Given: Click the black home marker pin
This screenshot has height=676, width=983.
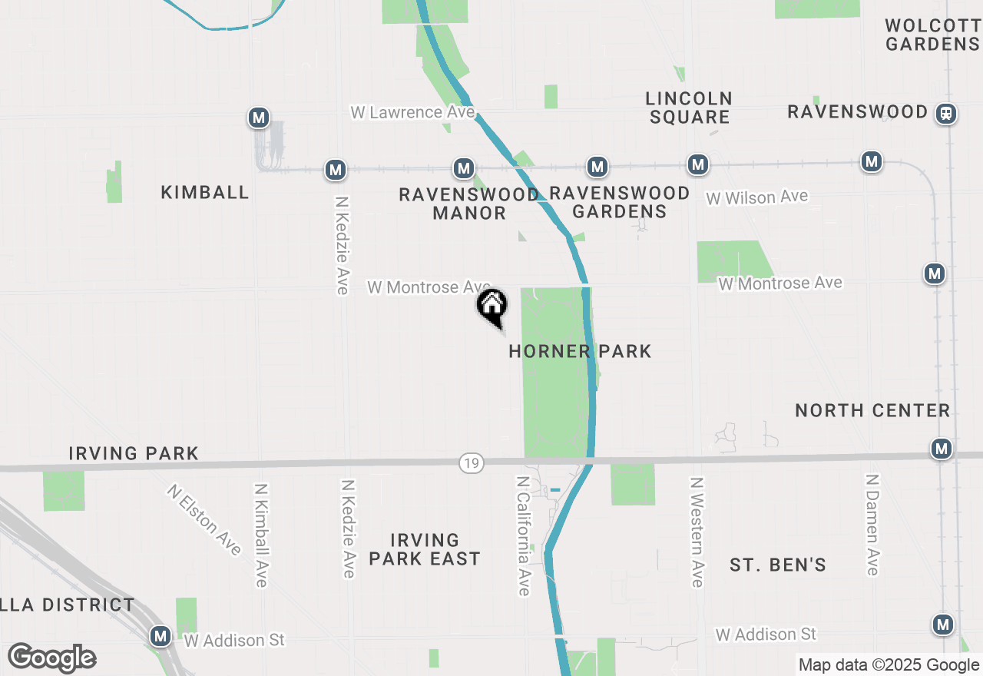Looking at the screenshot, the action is coord(492,306).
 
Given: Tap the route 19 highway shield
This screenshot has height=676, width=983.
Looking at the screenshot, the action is coord(472,463).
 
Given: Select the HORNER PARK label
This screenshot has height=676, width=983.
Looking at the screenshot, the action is coord(580,352).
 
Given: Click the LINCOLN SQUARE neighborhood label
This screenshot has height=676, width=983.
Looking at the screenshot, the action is coord(689,108).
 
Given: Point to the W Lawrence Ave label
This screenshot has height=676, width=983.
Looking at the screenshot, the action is coord(412,112).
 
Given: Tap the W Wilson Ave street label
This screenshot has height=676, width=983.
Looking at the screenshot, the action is coord(757,197).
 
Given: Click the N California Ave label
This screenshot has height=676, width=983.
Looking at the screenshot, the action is coord(523,535).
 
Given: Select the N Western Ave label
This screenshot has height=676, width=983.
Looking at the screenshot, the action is coord(697,532).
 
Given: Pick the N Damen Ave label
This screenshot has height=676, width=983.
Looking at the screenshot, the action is coord(872,524).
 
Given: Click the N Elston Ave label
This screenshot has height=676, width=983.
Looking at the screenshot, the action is coord(204,519).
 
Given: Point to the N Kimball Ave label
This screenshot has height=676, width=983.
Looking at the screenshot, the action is coord(261,535).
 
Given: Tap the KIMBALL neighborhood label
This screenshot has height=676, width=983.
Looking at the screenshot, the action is coord(205,192).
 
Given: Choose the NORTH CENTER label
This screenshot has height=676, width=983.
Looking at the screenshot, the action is coord(872,410).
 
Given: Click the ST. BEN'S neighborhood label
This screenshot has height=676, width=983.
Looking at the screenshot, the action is coord(778,565).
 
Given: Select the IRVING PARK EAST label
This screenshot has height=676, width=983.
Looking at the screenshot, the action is coord(425,549).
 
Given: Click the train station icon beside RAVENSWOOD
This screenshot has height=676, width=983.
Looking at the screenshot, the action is coord(946,113).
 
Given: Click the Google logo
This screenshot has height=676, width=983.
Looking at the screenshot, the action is coord(51,658).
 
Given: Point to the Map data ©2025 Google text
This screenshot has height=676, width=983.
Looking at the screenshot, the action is coord(888,665).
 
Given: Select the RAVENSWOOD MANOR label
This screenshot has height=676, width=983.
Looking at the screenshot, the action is coord(469,204).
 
